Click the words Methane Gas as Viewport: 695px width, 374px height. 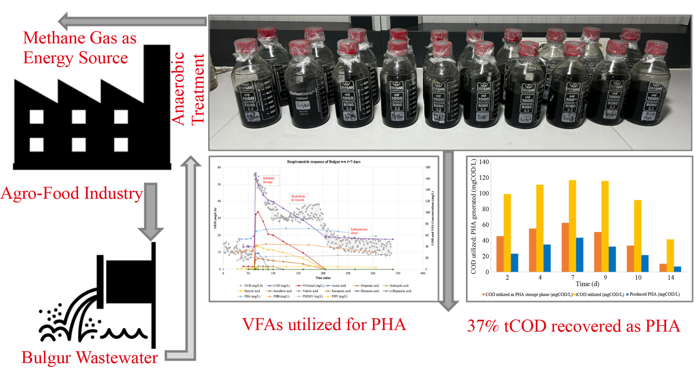point(80,38)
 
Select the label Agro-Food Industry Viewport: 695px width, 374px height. point(71,194)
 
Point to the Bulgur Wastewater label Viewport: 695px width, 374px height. point(90,358)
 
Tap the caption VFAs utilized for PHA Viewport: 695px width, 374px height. point(324,324)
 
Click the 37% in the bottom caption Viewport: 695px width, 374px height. point(483,326)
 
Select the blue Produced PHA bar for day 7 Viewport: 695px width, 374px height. point(580,255)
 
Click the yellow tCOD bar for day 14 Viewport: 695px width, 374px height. point(670,255)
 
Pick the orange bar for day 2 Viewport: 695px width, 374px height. point(500,254)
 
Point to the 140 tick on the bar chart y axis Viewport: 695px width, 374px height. point(484,162)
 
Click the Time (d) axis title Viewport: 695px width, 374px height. point(587,284)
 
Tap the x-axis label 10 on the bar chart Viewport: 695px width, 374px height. point(638,278)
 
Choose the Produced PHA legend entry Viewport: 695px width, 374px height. point(654,294)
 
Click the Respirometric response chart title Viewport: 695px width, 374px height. point(323,162)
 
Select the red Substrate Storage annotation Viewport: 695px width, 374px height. point(268,180)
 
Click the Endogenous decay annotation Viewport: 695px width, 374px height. point(359,231)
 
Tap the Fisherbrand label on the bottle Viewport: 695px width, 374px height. point(302,93)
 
